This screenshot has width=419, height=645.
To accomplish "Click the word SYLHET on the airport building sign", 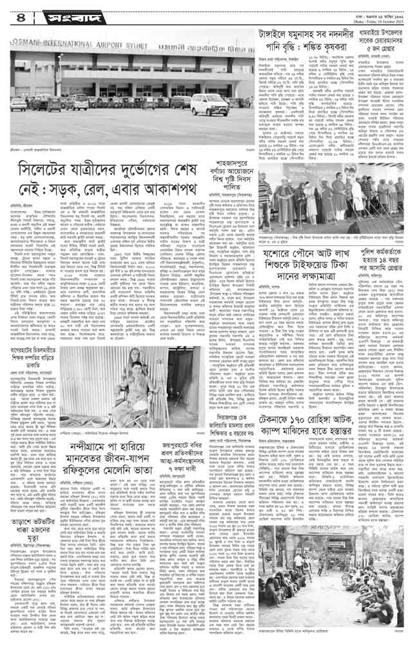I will pyautogui.click(x=104, y=47).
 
